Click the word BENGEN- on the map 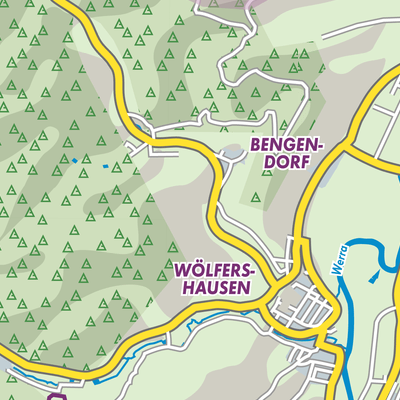(288, 145)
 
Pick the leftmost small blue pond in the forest (73, 160)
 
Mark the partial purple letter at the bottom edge (57, 396)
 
